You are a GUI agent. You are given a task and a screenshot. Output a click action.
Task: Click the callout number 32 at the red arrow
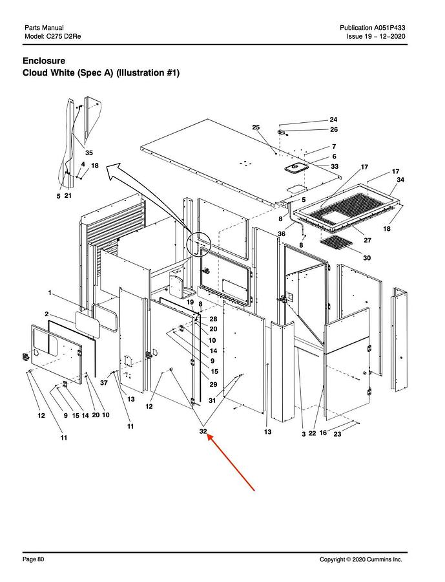(x=203, y=431)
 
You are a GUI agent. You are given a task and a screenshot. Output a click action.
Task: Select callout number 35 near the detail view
(x=89, y=153)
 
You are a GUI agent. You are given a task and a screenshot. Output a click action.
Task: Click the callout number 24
(x=333, y=120)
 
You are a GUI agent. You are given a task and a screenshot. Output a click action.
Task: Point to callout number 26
(x=334, y=129)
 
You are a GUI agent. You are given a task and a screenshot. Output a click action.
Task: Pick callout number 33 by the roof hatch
(x=335, y=166)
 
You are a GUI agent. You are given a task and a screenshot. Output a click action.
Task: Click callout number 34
(x=400, y=180)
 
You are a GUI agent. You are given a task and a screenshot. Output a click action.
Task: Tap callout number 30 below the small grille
(x=367, y=257)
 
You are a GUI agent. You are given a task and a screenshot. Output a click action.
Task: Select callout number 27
(x=367, y=240)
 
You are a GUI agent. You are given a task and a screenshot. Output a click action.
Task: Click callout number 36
(x=282, y=234)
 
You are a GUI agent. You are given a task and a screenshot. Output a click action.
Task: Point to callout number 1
(x=50, y=293)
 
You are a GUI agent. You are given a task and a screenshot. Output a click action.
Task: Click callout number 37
(x=104, y=382)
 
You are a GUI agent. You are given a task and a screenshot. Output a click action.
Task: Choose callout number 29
(x=213, y=385)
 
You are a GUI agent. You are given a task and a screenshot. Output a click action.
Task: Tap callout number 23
(x=337, y=434)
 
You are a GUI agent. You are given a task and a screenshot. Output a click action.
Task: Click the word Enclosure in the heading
(x=44, y=61)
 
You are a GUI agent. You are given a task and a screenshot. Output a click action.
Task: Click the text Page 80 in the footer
(x=34, y=559)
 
